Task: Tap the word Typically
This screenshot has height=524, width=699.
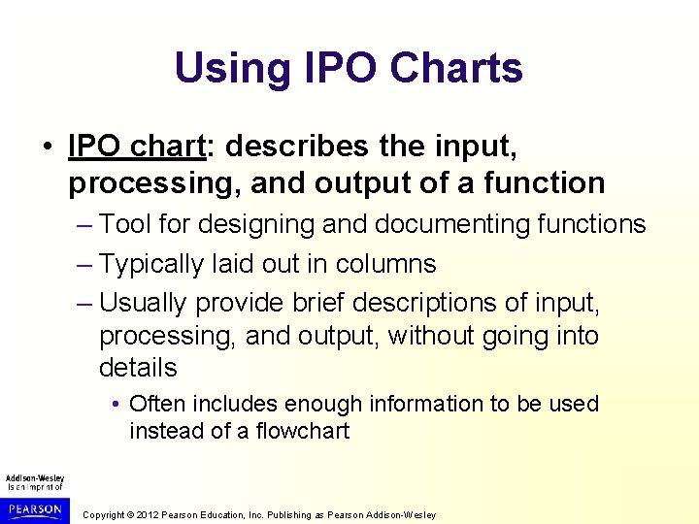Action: (157, 264)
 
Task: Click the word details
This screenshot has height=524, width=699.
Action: (138, 368)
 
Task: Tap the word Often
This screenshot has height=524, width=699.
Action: (156, 404)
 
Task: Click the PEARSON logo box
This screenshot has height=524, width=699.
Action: (34, 508)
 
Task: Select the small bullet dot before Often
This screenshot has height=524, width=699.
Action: (116, 404)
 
